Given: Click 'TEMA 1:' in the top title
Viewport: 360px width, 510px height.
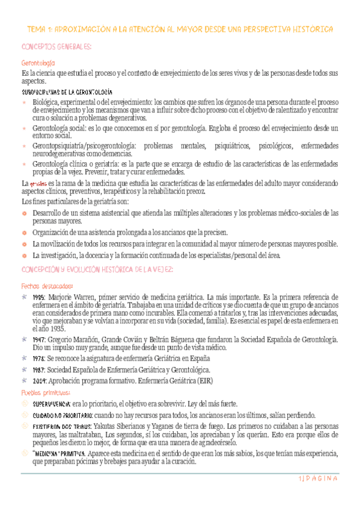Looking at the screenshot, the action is click(x=40, y=29).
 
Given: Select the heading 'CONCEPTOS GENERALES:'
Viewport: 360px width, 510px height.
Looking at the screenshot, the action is click(x=56, y=47).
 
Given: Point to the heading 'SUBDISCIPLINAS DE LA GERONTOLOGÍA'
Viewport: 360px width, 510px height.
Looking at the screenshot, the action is click(x=66, y=92).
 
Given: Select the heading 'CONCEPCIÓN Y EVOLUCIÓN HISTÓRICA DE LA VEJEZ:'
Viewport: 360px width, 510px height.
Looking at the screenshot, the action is click(x=97, y=269).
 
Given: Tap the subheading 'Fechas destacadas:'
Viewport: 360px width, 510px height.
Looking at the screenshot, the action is click(x=47, y=286).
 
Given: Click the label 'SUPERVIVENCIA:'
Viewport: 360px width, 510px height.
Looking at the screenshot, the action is click(x=52, y=404).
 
